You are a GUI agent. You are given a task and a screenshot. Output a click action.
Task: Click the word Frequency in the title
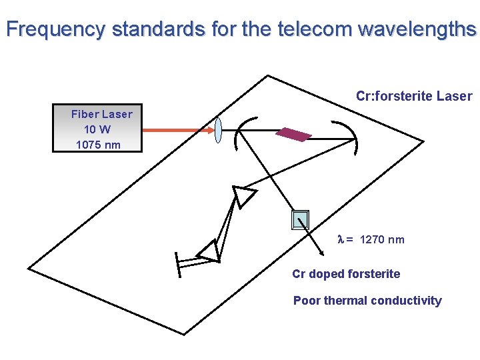(55, 29)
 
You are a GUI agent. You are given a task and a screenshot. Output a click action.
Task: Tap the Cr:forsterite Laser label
(414, 96)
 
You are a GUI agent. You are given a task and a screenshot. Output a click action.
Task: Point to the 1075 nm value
(98, 145)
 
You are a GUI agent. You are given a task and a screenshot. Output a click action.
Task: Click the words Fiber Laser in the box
(101, 114)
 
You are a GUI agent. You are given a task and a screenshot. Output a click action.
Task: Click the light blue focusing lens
(218, 130)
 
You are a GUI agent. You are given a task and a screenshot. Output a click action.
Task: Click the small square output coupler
(301, 220)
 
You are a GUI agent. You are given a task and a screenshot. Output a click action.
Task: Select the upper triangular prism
(242, 197)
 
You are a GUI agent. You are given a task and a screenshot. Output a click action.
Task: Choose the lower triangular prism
(209, 251)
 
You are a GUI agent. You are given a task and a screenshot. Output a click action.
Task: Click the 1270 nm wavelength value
(382, 240)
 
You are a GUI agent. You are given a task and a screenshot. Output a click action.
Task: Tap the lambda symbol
(341, 240)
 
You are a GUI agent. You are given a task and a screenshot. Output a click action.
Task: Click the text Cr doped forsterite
(346, 274)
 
